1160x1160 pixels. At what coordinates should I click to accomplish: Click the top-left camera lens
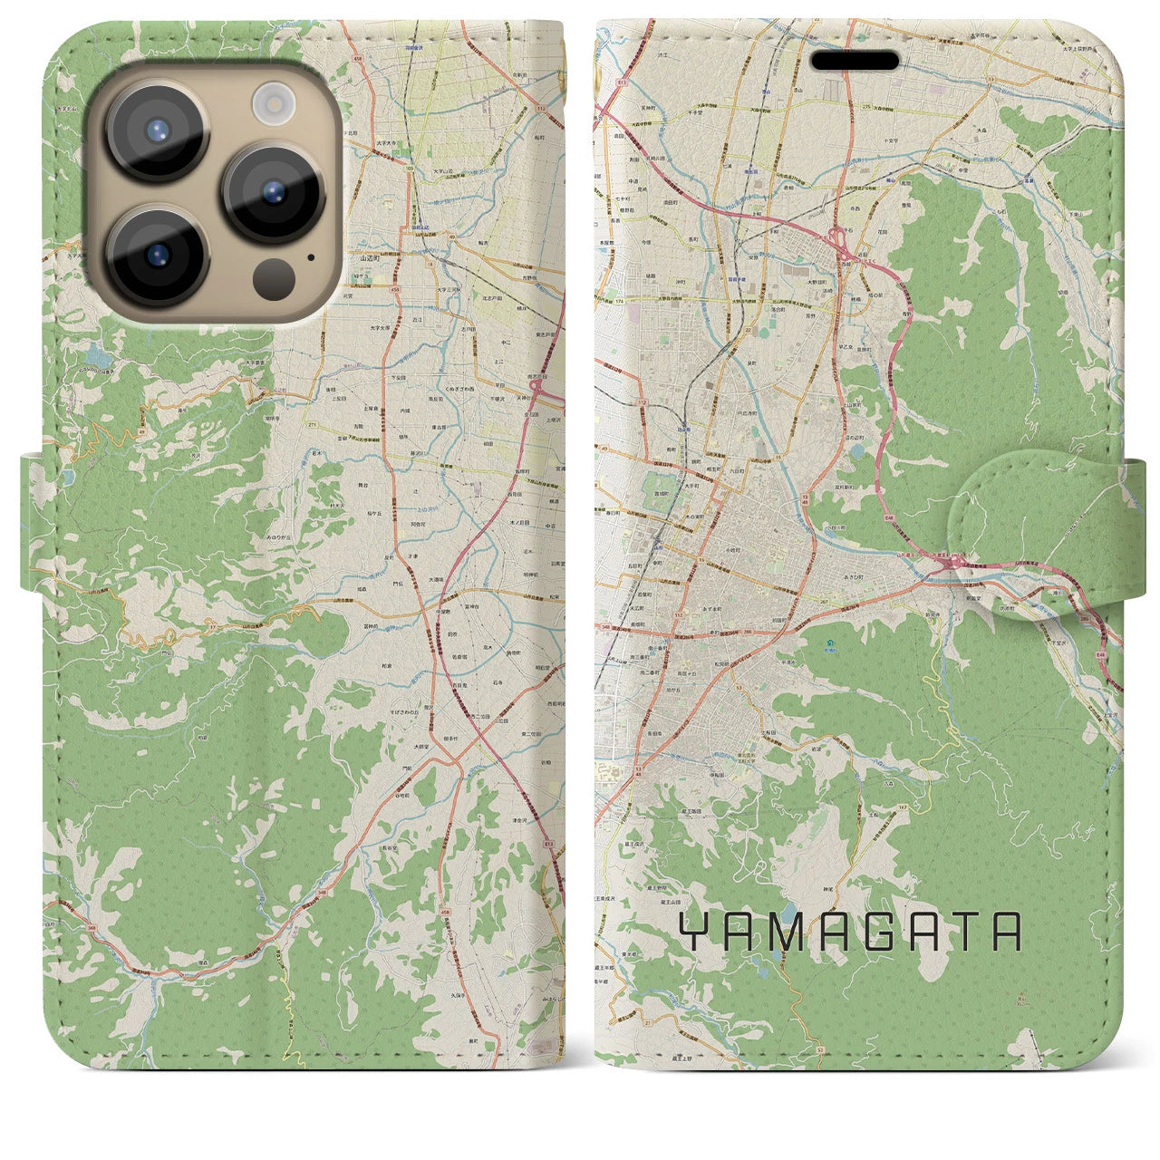coord(156,130)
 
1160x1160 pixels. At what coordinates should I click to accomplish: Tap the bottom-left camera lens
coord(156,256)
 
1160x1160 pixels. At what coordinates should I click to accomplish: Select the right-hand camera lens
coord(274,192)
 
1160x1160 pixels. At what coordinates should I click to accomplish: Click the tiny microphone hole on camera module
coord(311,256)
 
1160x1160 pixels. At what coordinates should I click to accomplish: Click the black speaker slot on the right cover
coord(855,61)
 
